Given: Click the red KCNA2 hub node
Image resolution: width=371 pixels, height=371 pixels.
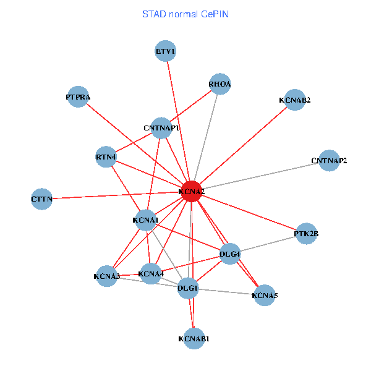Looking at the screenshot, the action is [192, 192].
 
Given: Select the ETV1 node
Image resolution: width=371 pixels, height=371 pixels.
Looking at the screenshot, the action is [166, 51].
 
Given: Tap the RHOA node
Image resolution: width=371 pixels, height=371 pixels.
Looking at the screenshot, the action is [220, 84].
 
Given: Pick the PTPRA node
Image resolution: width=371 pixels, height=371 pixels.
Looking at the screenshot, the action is [78, 97].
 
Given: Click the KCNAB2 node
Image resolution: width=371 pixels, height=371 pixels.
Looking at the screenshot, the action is [294, 100].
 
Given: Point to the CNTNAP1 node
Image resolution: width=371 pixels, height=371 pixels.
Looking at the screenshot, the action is [161, 128].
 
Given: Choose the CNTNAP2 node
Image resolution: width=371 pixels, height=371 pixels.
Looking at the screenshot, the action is [329, 161].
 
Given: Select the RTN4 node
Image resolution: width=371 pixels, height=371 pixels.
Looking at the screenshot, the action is [106, 157].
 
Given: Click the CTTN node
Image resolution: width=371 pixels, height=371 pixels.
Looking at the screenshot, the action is [42, 199].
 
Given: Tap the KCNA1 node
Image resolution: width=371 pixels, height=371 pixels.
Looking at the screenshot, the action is [146, 220].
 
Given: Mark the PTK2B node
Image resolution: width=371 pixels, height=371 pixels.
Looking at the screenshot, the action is [306, 234].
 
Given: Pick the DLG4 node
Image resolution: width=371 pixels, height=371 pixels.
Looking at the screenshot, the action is [230, 254].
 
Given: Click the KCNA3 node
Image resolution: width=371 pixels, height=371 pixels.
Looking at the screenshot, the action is [107, 276].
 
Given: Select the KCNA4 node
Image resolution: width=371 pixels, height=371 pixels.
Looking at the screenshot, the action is [151, 273].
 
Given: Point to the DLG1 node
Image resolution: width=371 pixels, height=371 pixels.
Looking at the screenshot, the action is [188, 288].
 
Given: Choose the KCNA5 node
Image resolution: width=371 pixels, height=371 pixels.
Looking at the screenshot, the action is [265, 296].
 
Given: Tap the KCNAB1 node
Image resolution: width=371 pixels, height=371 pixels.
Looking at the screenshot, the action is [194, 339].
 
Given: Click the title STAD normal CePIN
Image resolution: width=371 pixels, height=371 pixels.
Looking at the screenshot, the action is [185, 14].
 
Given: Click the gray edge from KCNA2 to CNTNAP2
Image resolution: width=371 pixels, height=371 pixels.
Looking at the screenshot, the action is [260, 176].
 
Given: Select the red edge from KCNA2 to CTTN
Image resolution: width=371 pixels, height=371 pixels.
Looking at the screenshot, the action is [117, 195].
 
